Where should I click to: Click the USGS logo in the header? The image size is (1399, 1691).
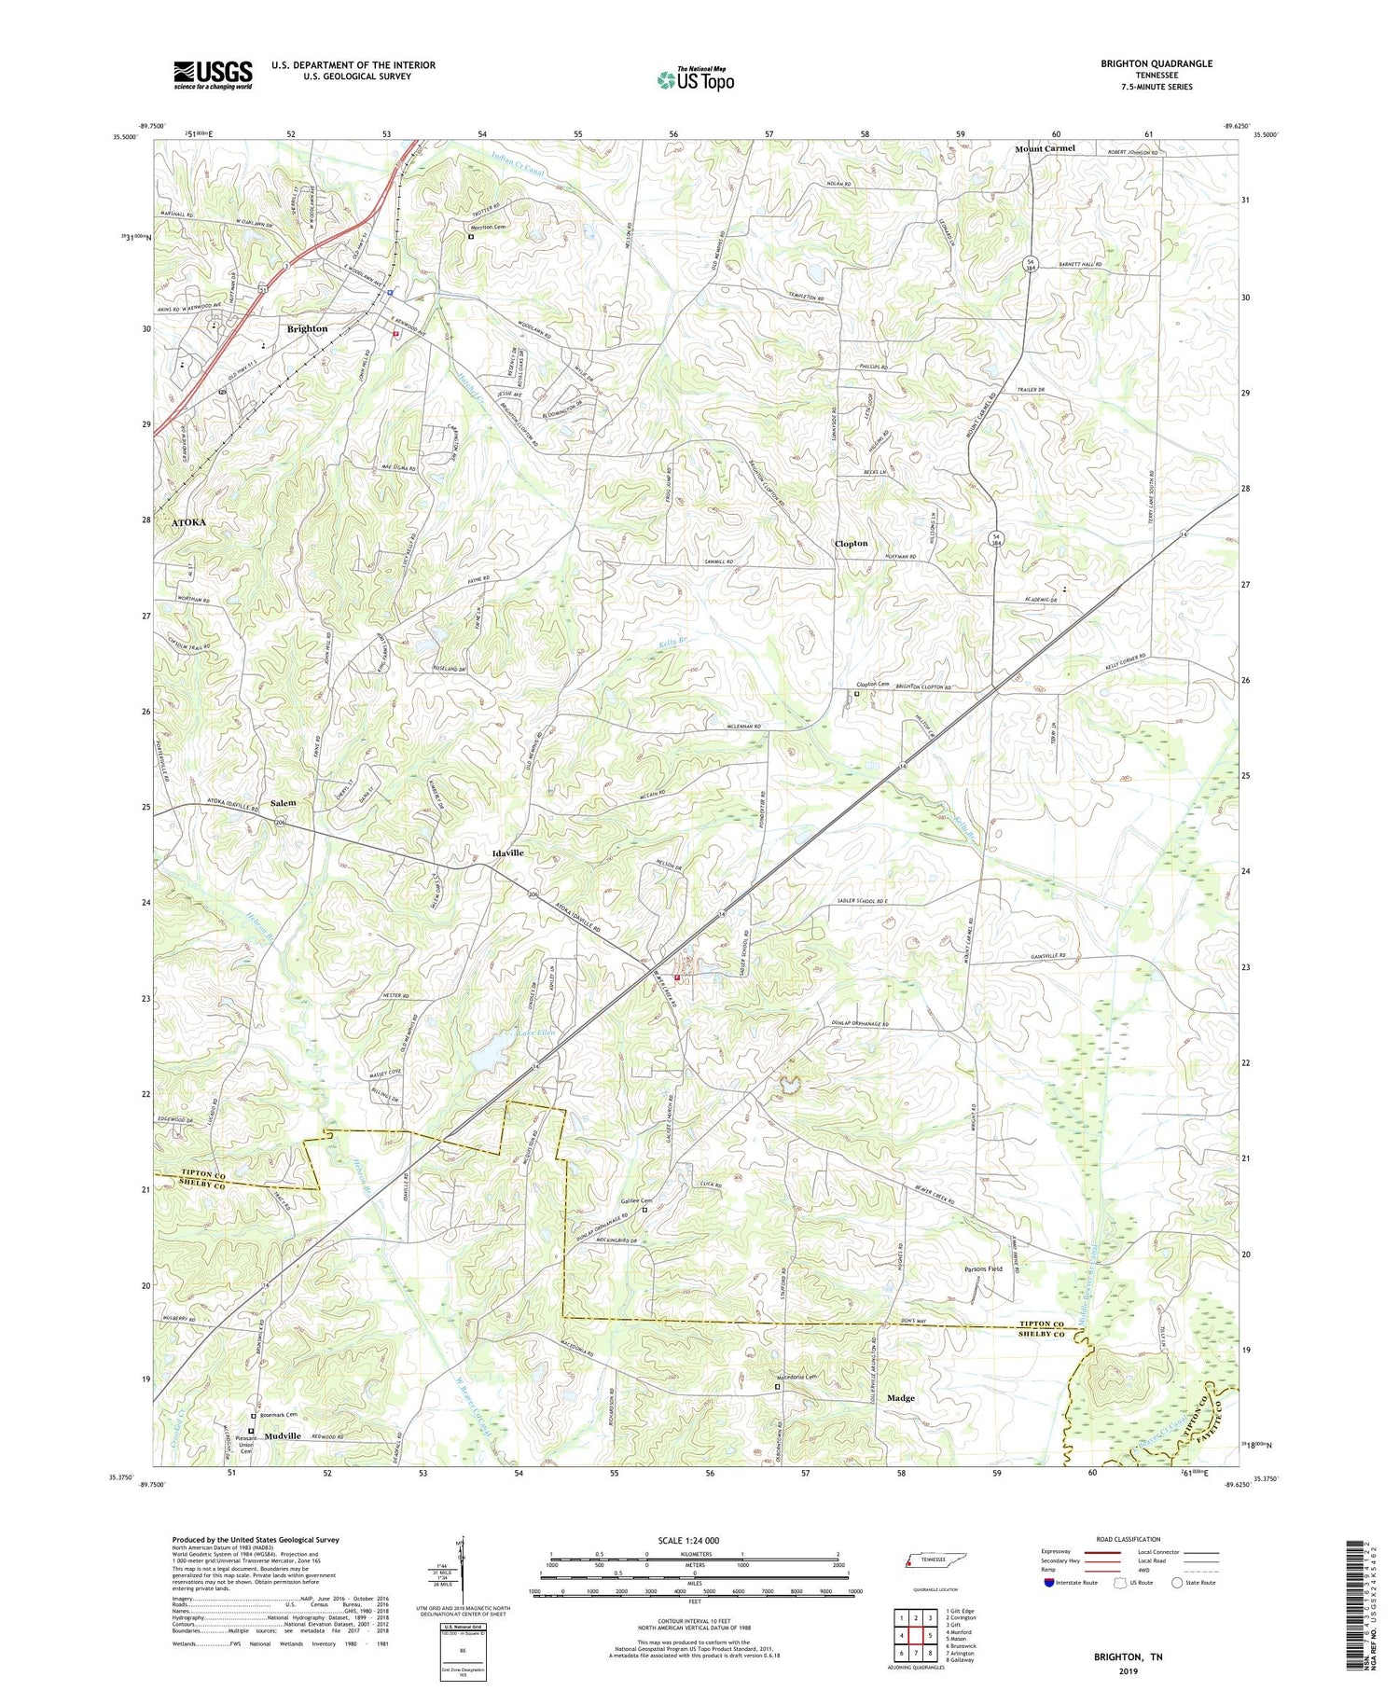click(213, 75)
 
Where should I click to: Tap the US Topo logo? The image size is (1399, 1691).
click(695, 79)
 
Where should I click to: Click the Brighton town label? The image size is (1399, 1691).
click(307, 328)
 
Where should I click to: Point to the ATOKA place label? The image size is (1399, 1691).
click(188, 522)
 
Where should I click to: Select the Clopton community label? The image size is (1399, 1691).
click(851, 543)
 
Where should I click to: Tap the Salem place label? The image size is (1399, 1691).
click(283, 803)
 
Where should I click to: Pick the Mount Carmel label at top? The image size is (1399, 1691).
click(1045, 148)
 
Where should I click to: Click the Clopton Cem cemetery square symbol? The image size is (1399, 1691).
click(857, 693)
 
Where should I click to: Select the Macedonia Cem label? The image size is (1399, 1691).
click(796, 1377)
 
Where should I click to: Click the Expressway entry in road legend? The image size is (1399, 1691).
click(1060, 1552)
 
